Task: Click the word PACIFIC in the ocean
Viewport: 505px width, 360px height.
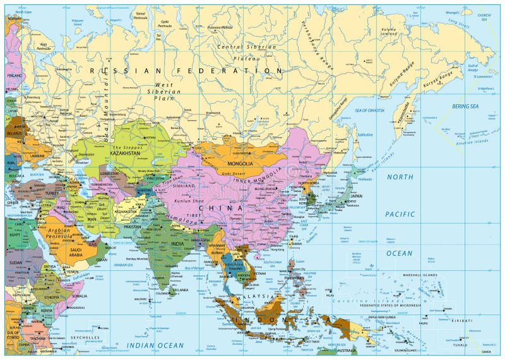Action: [400, 214]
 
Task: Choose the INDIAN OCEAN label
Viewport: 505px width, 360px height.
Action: [155, 345]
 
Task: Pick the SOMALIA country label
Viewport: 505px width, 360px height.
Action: [80, 296]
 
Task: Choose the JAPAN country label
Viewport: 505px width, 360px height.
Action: [357, 195]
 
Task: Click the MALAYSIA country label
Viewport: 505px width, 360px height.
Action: [256, 296]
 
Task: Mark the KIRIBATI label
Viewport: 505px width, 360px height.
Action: [461, 321]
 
